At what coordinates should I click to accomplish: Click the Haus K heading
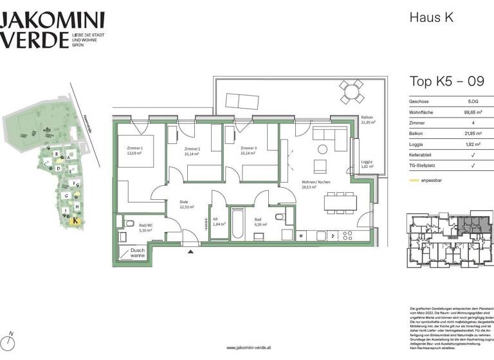[431, 17]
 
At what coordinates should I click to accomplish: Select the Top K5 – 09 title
[447, 81]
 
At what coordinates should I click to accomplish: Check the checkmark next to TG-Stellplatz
[473, 166]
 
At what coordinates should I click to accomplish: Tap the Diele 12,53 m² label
[187, 204]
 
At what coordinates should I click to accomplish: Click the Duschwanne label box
[136, 253]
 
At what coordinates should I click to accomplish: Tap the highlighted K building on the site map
[75, 220]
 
